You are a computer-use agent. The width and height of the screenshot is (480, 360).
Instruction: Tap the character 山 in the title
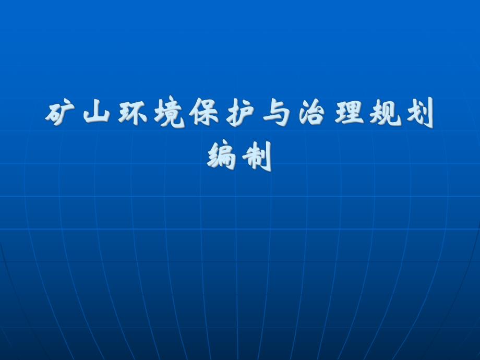coord(95,114)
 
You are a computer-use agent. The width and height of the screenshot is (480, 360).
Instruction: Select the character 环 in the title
coord(131,114)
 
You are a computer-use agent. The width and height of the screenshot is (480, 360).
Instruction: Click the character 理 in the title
coord(348,114)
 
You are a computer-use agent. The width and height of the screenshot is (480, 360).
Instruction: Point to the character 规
coord(385,114)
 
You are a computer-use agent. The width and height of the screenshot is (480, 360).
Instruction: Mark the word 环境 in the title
coord(150,114)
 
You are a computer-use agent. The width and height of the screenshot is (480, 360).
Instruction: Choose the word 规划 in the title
coord(402,114)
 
